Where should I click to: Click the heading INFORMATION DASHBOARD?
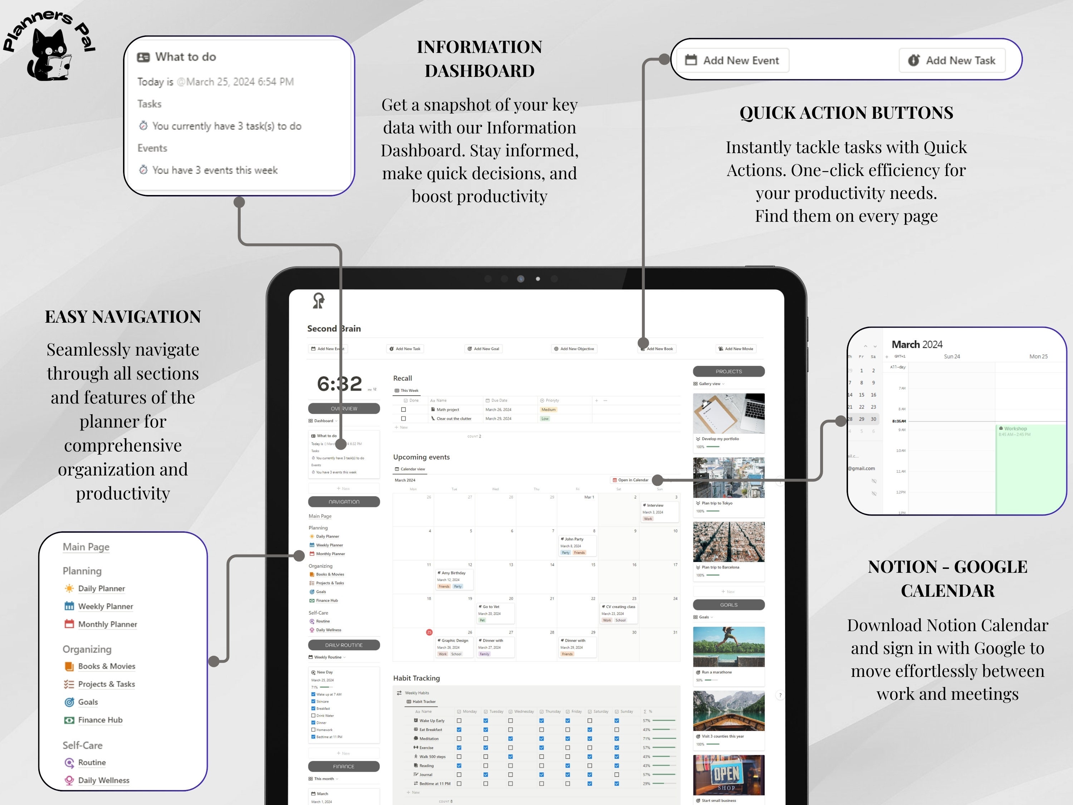pyautogui.click(x=479, y=59)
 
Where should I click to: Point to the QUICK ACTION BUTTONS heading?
pyautogui.click(x=846, y=113)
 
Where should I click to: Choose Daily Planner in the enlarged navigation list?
pyautogui.click(x=101, y=589)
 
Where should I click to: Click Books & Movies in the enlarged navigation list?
pyautogui.click(x=106, y=666)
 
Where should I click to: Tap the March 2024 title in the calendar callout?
pyautogui.click(x=917, y=345)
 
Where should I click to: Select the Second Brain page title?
pyautogui.click(x=334, y=328)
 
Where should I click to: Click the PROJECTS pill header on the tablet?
pyautogui.click(x=729, y=371)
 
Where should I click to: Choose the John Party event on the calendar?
pyautogui.click(x=574, y=539)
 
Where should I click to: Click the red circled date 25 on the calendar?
pyautogui.click(x=429, y=632)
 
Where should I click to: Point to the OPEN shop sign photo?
pyautogui.click(x=729, y=775)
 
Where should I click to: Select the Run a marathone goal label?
pyautogui.click(x=716, y=672)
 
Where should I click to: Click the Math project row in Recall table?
pyautogui.click(x=448, y=410)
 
